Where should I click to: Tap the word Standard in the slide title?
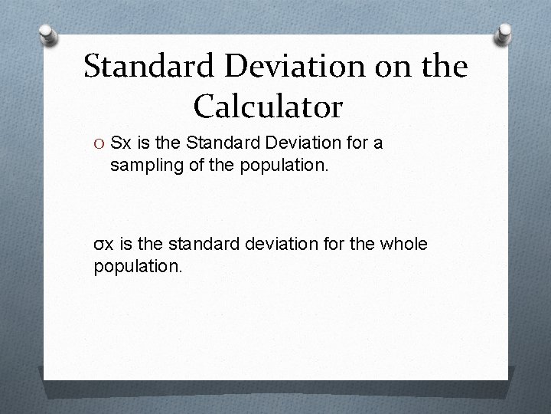coord(150,67)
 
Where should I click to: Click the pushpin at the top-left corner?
coord(49,35)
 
